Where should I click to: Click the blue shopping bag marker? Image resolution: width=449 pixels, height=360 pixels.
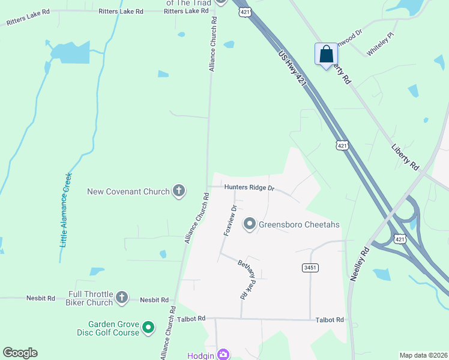(x=325, y=55)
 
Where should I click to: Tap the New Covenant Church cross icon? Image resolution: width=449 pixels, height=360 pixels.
(x=178, y=191)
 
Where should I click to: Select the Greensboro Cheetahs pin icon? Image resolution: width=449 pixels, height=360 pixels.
(x=250, y=224)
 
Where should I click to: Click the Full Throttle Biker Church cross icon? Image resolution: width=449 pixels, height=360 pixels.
(x=122, y=296)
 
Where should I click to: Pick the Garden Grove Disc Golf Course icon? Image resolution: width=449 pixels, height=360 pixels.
(x=148, y=328)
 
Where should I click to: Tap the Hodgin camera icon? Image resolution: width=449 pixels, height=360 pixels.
(x=223, y=354)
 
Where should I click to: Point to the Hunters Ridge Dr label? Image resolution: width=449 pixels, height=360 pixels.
(x=249, y=188)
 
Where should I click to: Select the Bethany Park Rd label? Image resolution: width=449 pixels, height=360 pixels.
(x=247, y=279)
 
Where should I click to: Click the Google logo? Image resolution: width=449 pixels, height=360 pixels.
(x=20, y=353)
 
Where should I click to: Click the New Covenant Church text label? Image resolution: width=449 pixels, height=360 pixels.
(x=128, y=192)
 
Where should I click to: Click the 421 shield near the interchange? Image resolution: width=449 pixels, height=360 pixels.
(x=400, y=239)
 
